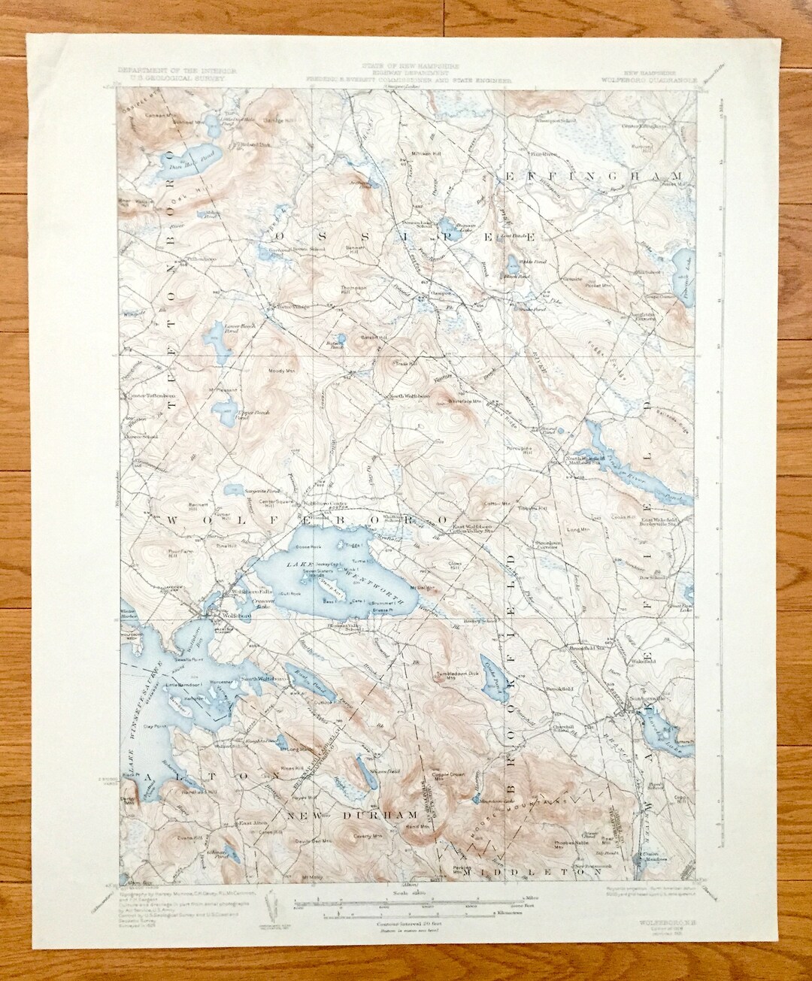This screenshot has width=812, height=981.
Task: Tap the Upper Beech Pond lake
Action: [x=223, y=410]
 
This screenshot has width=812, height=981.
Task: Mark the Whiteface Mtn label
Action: [x=450, y=402]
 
